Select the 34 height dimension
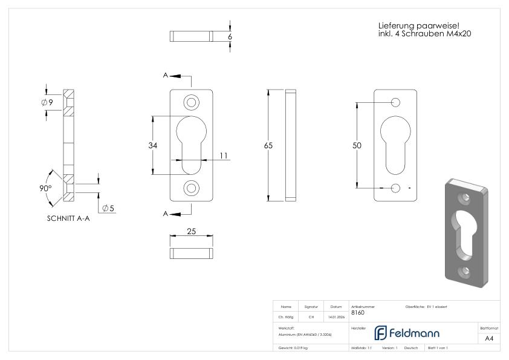pos(154,145)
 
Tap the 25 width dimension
pos(191,231)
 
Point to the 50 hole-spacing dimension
pos(357,146)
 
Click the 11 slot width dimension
pos(224,155)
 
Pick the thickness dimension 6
pos(230,36)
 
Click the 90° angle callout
pos(45,188)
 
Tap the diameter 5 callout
pos(109,208)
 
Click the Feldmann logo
pos(406,333)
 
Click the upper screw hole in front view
pos(191,101)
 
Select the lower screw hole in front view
pos(191,188)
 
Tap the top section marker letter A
pos(165,76)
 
